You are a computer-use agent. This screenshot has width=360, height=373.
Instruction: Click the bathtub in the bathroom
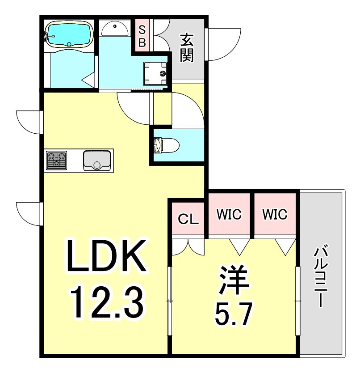coord(68,34)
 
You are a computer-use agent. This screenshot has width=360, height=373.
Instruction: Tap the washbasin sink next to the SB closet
coord(115,29)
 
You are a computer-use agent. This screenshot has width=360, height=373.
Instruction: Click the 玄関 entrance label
coord(187,47)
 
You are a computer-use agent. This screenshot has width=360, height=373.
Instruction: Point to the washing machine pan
coord(155,73)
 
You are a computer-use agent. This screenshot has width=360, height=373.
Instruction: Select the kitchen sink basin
coord(97,161)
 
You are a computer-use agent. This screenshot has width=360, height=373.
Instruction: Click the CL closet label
coord(188,219)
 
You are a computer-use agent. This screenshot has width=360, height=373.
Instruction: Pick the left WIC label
coord(229,214)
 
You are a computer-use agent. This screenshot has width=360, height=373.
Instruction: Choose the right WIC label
coord(275,214)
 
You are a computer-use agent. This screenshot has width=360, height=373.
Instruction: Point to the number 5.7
coord(233,314)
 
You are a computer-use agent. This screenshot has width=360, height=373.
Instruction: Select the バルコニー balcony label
coord(321,277)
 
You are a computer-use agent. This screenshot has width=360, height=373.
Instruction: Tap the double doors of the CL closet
coord(188,247)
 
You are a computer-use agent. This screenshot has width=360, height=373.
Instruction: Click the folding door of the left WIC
coord(240,247)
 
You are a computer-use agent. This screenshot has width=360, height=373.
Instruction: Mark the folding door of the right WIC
coord(285,247)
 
